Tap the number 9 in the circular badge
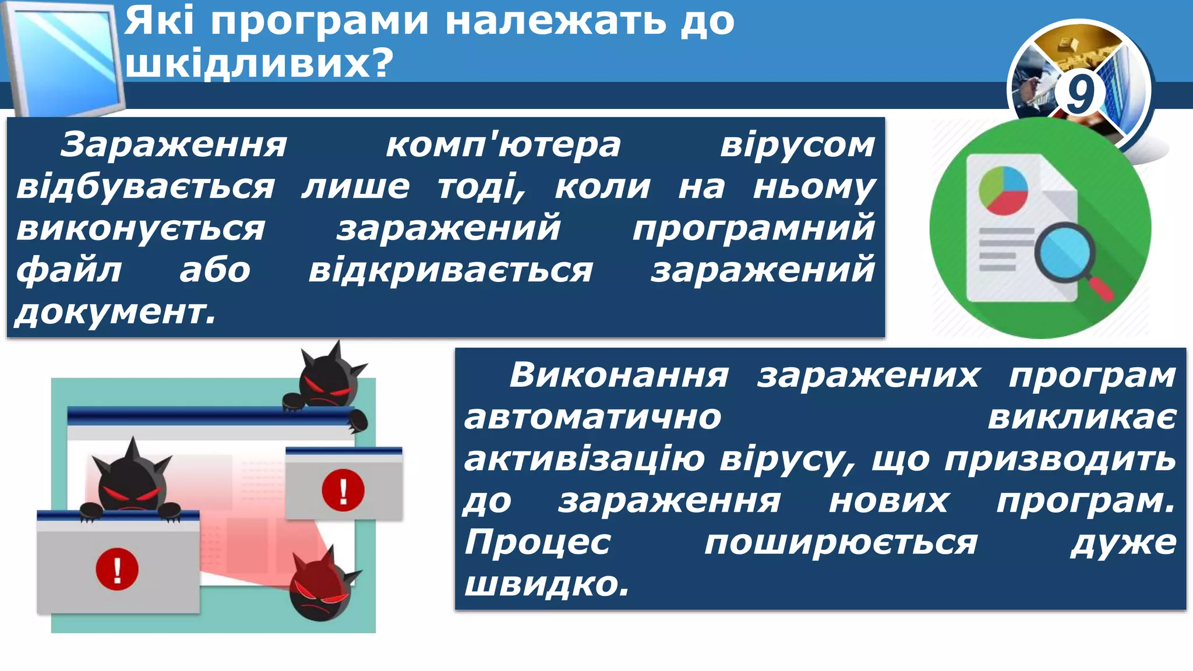1079,93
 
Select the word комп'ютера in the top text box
503,145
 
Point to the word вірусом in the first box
797,145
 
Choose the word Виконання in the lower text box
619,375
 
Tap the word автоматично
592,418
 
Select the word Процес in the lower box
537,543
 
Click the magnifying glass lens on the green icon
1064,253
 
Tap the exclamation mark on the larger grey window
117,569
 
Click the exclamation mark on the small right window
343,490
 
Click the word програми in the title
319,22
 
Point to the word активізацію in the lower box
584,460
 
